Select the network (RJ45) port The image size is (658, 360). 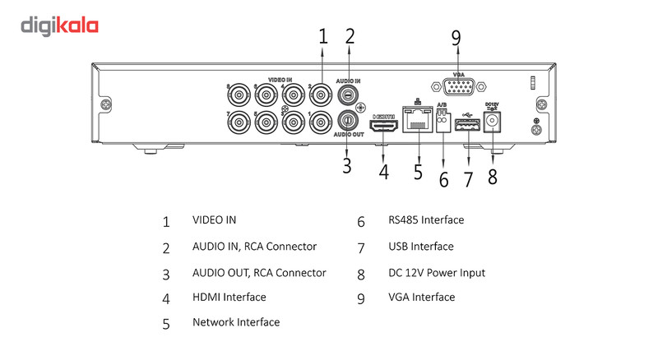(x=417, y=122)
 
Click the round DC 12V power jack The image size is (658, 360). (x=493, y=122)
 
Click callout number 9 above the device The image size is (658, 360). (x=456, y=39)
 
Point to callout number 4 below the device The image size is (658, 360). (x=383, y=173)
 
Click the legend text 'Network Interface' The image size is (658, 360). (x=236, y=322)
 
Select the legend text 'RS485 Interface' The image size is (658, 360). (x=426, y=220)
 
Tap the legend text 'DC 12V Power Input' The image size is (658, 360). (x=437, y=272)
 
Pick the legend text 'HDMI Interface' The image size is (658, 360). (x=229, y=297)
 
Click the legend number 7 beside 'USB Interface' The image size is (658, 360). (x=360, y=247)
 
